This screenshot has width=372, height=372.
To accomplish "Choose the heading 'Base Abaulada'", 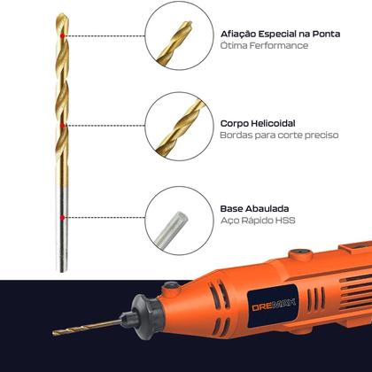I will pyautogui.click(x=259, y=209).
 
